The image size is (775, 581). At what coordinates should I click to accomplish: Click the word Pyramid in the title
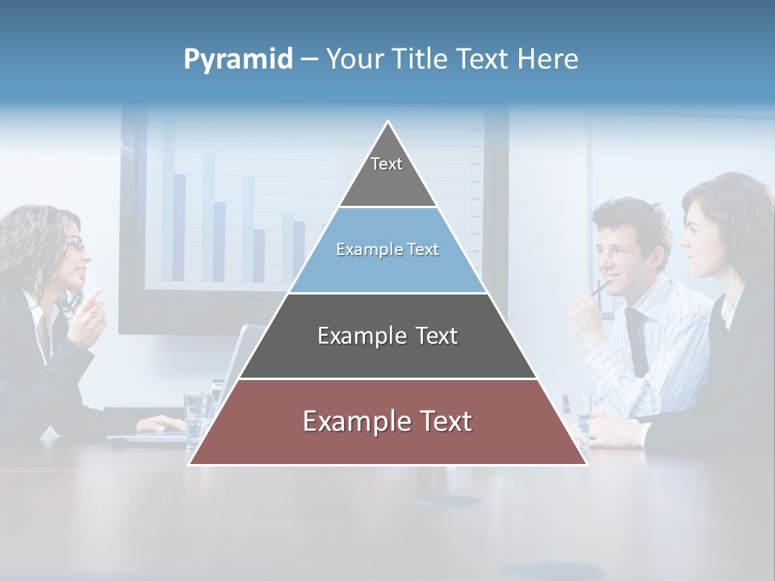[237, 60]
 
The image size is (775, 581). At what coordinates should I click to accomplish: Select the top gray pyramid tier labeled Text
[387, 173]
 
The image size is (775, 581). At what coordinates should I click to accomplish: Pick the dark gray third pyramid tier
[387, 336]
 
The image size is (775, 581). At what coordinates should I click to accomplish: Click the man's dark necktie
[637, 339]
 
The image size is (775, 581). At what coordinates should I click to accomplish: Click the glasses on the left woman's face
[75, 244]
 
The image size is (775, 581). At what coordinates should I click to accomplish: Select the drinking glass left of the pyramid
[197, 420]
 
